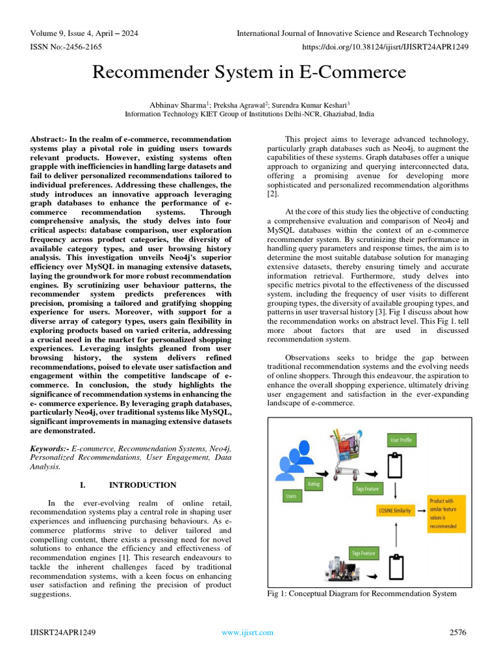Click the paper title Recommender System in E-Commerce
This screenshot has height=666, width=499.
point(249,72)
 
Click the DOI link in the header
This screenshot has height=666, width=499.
point(385,46)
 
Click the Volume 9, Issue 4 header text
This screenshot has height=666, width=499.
point(84,33)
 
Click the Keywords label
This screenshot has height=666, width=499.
point(50,449)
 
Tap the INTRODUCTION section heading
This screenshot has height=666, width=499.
point(142,485)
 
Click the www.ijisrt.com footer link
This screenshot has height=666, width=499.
point(248,632)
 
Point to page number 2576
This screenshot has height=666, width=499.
point(459,632)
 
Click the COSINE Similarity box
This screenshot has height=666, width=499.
point(395,511)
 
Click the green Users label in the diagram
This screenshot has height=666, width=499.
point(290,496)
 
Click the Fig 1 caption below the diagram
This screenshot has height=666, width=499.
point(362,593)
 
